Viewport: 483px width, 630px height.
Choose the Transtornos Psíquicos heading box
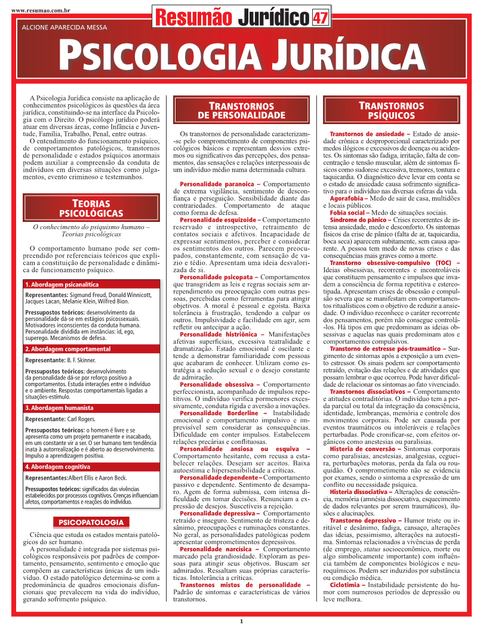pos(391,110)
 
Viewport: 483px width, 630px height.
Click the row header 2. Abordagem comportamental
pos(68,348)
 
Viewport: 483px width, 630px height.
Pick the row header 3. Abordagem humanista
pos(60,408)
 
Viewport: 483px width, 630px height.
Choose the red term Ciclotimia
pos(347,585)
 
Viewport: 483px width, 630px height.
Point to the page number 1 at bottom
pos(242,622)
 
